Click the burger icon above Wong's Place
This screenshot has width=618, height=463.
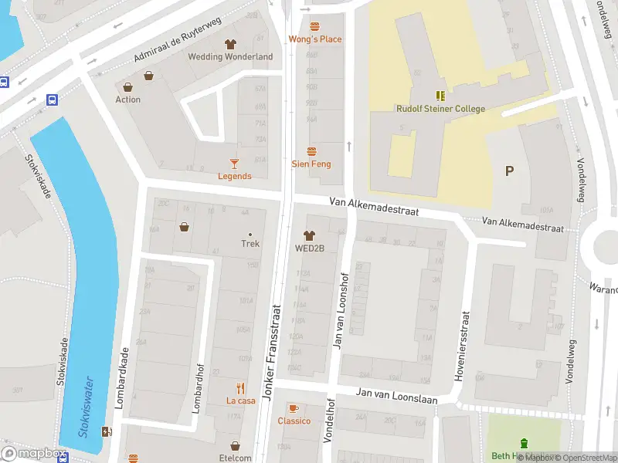tap(314, 27)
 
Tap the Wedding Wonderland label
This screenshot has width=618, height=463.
tap(230, 57)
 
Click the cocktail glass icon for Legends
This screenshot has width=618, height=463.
tap(234, 163)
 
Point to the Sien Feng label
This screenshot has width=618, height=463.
tap(311, 164)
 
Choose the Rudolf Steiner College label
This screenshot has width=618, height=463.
tap(440, 109)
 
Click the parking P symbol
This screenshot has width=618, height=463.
tap(509, 171)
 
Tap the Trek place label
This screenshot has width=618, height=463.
tap(250, 243)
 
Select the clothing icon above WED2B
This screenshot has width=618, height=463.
tap(310, 235)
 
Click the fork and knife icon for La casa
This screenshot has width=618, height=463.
tap(240, 388)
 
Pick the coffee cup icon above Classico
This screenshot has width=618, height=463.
tap(293, 408)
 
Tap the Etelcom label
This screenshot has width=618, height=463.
tap(236, 458)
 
